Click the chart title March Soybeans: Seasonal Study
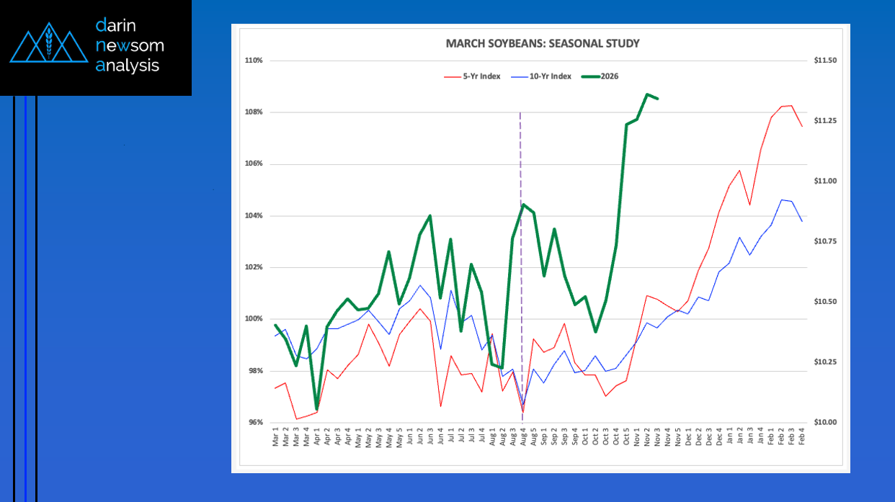(542, 44)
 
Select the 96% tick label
(254, 423)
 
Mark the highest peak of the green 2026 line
(647, 94)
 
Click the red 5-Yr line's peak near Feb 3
(792, 106)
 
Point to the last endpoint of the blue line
(802, 221)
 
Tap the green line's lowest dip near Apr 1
(316, 409)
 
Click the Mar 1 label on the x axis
(275, 437)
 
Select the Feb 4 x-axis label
(802, 437)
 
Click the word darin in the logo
(115, 26)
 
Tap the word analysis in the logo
(128, 66)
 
